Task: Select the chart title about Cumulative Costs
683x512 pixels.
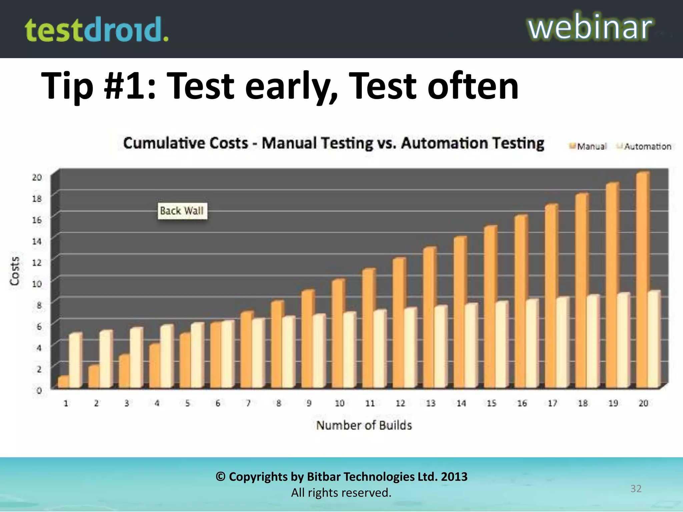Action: point(333,143)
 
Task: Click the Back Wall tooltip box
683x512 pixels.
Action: point(182,211)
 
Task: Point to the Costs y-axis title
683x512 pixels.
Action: point(14,271)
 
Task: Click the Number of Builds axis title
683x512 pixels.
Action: point(364,425)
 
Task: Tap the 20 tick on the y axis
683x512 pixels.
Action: point(37,177)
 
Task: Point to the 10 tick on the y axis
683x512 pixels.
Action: point(37,284)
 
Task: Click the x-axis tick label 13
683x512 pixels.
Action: point(431,403)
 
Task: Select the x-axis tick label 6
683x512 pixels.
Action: point(218,403)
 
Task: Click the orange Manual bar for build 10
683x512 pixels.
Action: point(337,333)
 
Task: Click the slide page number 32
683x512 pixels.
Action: point(636,488)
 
